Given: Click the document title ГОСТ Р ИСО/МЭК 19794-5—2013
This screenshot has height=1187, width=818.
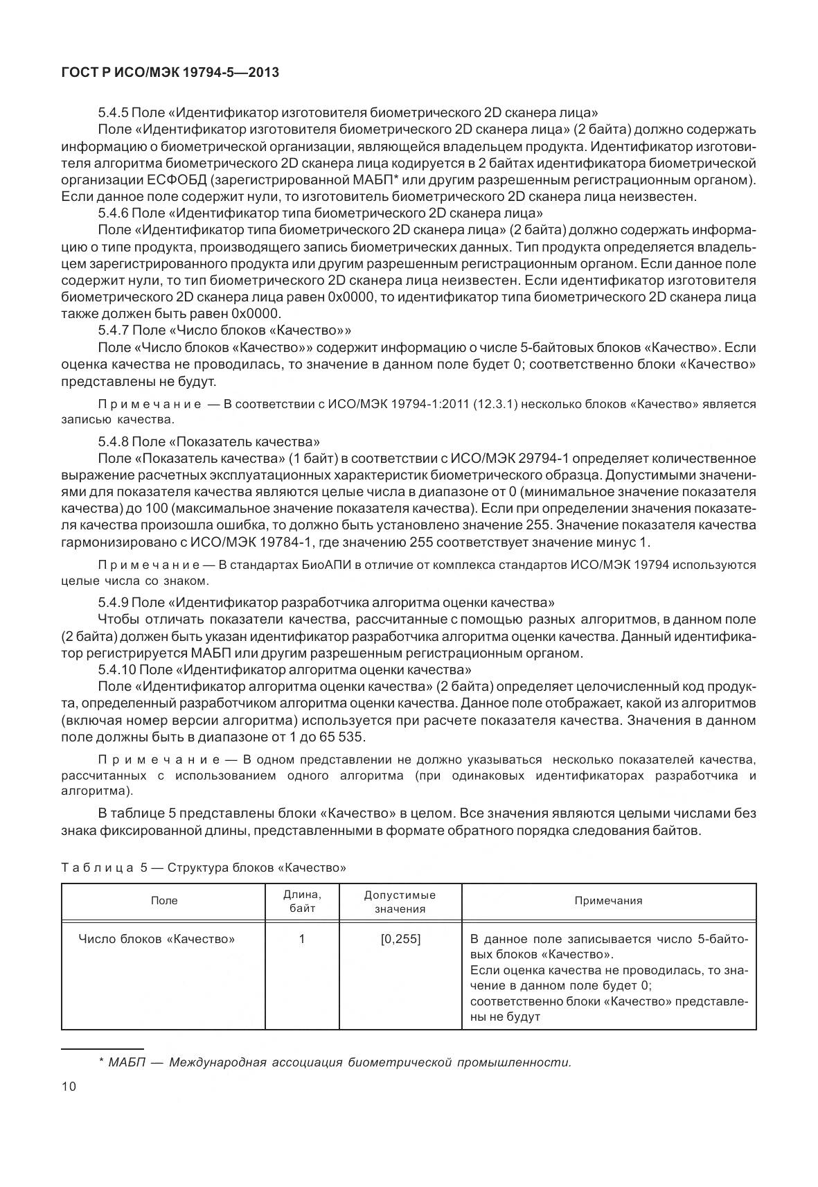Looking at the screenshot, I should tap(170, 71).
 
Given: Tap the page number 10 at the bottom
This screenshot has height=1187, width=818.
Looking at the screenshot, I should tap(69, 1087).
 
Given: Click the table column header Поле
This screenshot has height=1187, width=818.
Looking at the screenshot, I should tap(164, 900).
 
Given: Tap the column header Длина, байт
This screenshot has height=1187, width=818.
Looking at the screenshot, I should tap(302, 901).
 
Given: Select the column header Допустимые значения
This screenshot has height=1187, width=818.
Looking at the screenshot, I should tap(400, 901).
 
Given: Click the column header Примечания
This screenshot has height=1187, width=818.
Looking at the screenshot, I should tap(608, 900).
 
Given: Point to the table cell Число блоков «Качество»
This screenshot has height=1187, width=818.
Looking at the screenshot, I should tap(157, 940).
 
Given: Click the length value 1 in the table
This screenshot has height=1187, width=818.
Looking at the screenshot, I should tap(302, 940).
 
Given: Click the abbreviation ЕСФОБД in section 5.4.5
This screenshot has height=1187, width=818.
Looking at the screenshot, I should tap(179, 179).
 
